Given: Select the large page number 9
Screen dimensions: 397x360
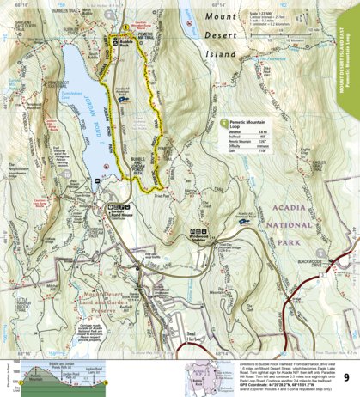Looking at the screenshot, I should click(x=345, y=353).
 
